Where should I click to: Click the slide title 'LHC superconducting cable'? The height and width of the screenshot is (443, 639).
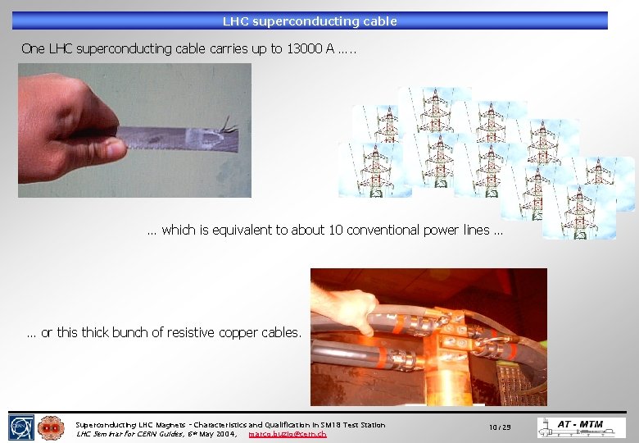pos(310,21)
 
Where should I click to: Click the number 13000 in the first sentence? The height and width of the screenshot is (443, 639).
pos(305,48)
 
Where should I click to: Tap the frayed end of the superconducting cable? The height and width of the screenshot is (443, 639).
pos(226,126)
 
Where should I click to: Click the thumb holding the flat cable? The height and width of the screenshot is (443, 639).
pos(103,148)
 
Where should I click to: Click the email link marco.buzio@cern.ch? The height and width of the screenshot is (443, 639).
pos(287,433)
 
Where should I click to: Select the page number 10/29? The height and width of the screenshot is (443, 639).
pos(500,427)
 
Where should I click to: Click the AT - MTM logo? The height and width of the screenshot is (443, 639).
pos(581,427)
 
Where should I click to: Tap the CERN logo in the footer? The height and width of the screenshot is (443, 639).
pos(20,427)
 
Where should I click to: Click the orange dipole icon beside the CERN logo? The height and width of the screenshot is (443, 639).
pos(51,427)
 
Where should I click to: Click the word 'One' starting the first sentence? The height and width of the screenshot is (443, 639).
pos(33,48)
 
